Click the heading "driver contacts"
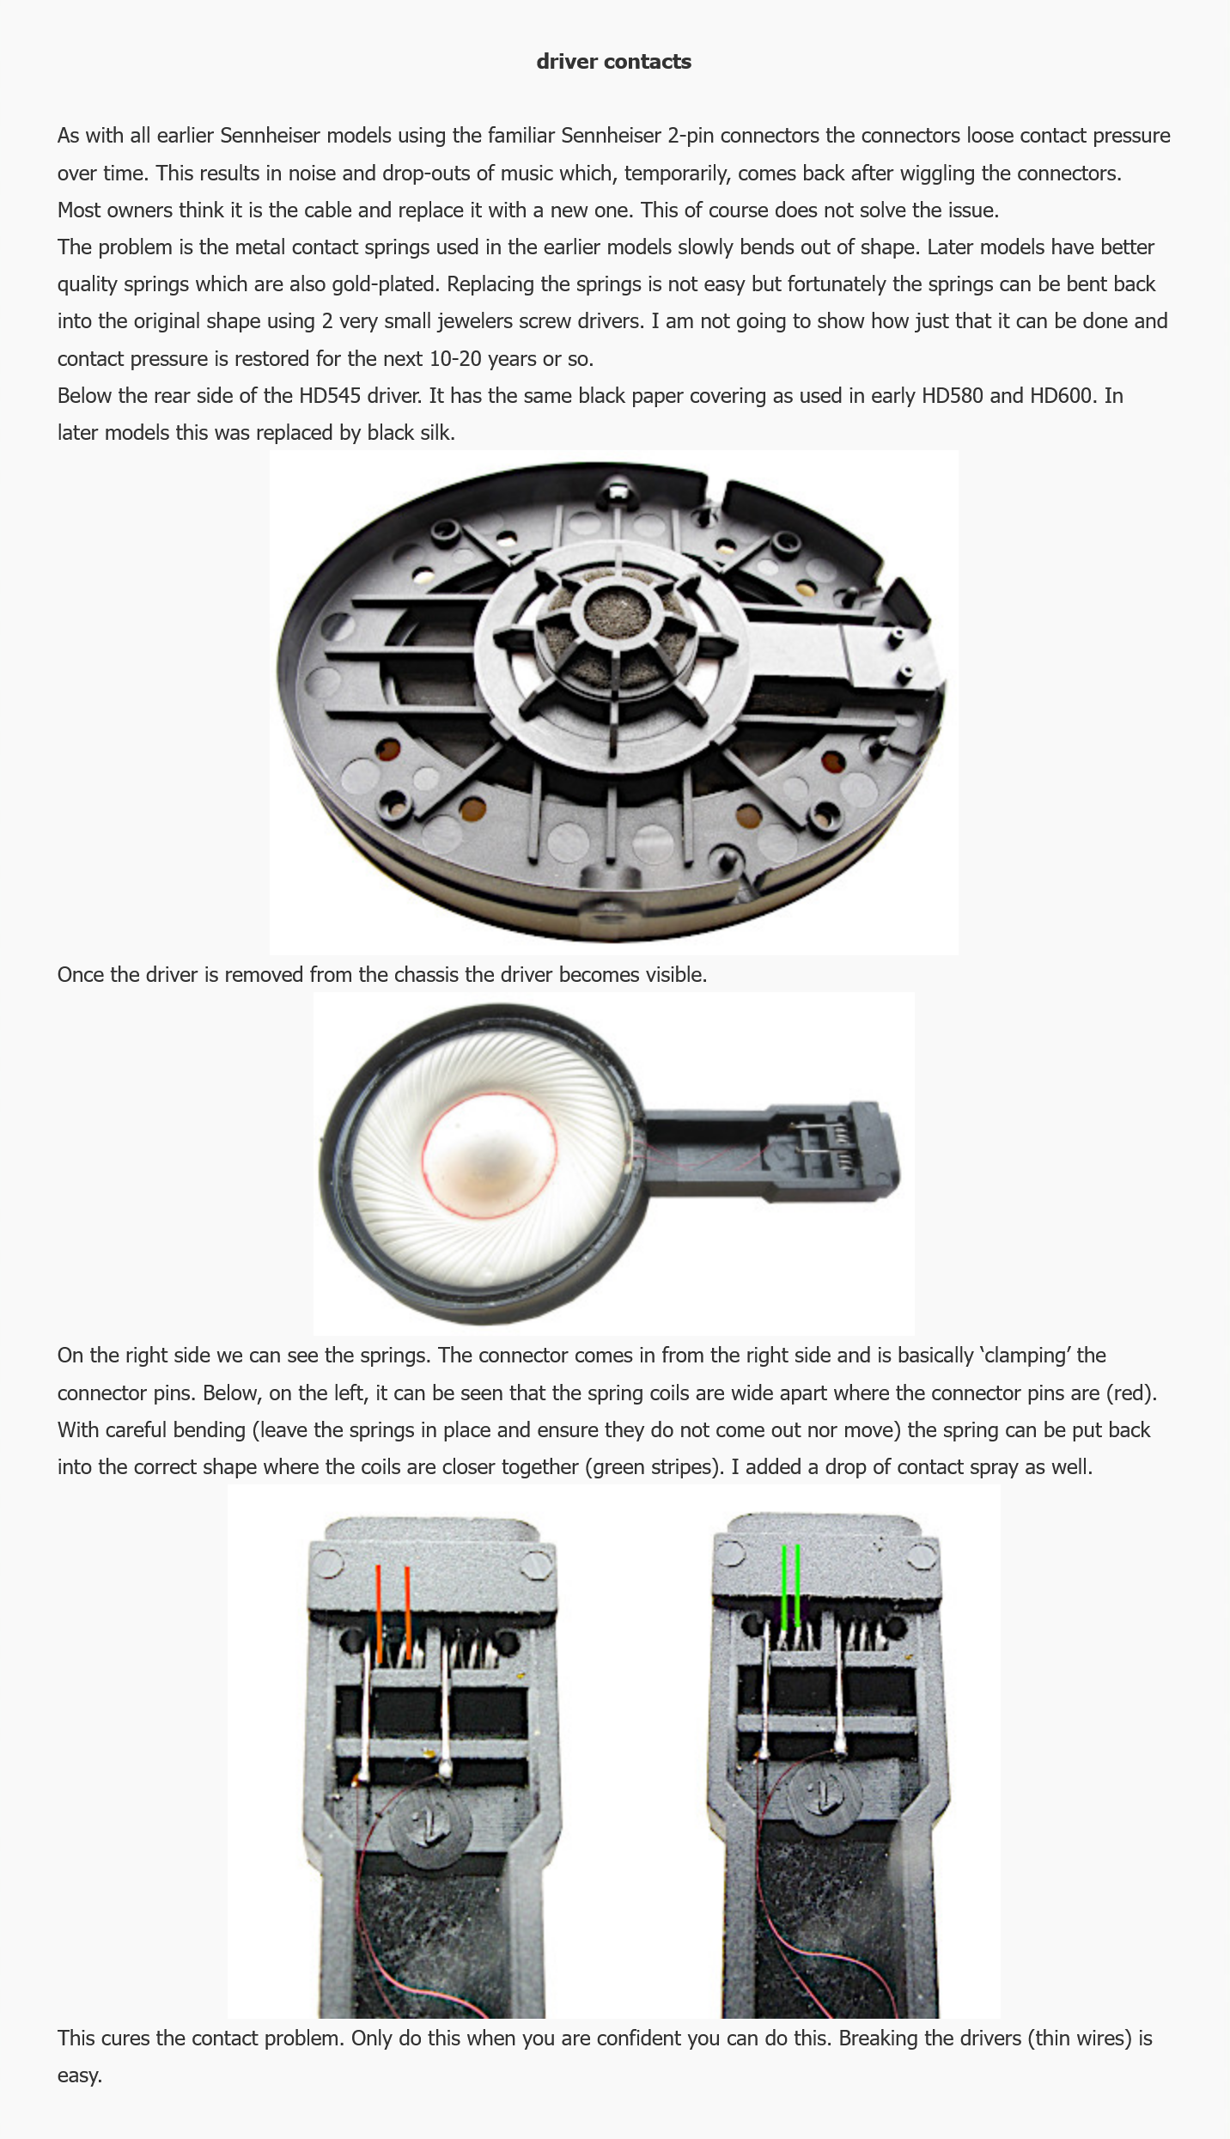(x=613, y=62)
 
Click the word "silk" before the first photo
(x=434, y=433)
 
